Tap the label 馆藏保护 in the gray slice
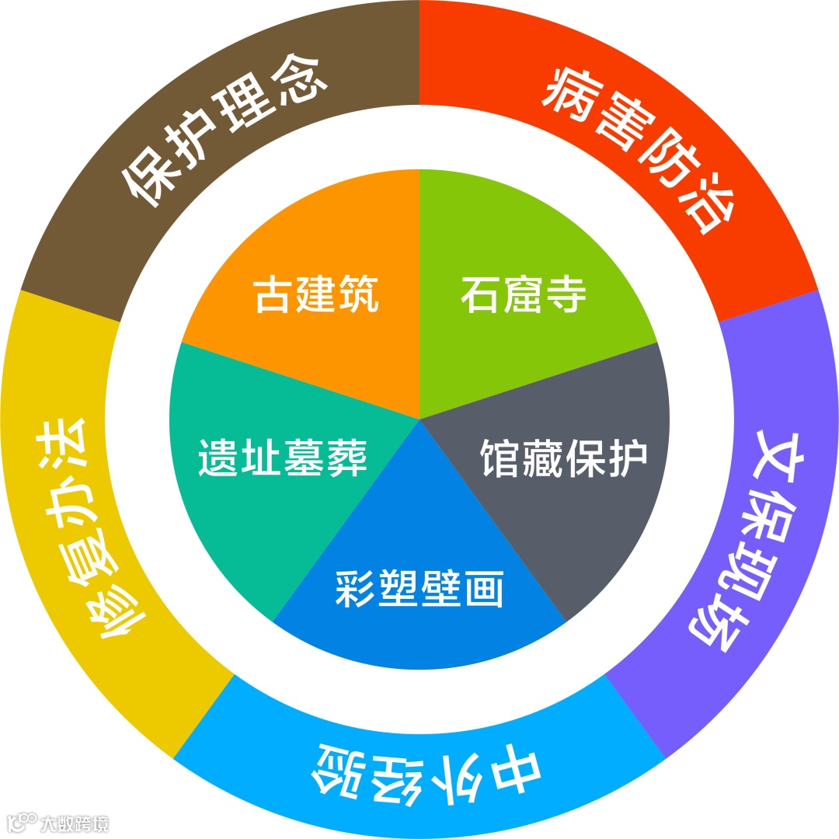tap(563, 458)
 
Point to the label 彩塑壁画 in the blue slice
tap(419, 589)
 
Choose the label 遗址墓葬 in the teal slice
tap(282, 458)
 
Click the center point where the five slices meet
tap(419, 419)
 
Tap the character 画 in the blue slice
tap(485, 590)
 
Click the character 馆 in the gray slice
tap(497, 458)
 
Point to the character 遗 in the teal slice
tap(218, 458)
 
